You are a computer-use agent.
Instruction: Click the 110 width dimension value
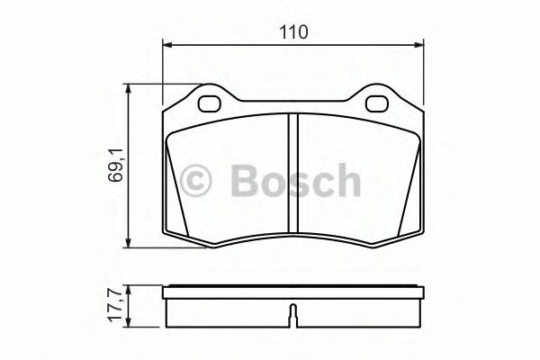pyautogui.click(x=293, y=31)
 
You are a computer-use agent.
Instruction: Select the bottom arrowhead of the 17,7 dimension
pyautogui.click(x=131, y=323)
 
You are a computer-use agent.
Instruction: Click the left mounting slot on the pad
pyautogui.click(x=210, y=103)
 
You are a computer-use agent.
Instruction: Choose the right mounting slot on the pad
pyautogui.click(x=376, y=103)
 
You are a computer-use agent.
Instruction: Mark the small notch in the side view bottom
pyautogui.click(x=292, y=318)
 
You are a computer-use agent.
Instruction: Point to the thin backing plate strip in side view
pyautogui.click(x=292, y=290)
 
